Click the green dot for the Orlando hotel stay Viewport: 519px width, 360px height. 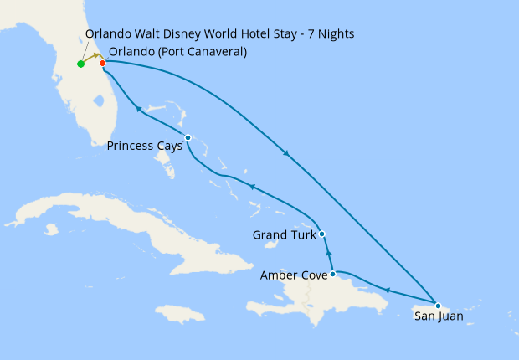(80, 64)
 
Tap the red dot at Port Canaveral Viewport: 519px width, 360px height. (102, 63)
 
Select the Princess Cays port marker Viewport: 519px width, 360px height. (188, 137)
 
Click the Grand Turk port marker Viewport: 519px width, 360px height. (322, 234)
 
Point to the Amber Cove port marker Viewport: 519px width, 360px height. (332, 274)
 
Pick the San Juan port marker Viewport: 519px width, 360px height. (438, 304)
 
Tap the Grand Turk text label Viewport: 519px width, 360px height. (284, 235)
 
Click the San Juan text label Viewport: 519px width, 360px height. (438, 317)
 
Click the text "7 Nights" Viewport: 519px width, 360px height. (331, 34)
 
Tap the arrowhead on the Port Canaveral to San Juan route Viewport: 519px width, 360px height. (287, 153)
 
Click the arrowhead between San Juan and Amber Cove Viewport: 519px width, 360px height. (386, 290)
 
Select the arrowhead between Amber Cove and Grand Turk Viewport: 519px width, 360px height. (328, 252)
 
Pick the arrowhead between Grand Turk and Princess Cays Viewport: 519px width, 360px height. (251, 186)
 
